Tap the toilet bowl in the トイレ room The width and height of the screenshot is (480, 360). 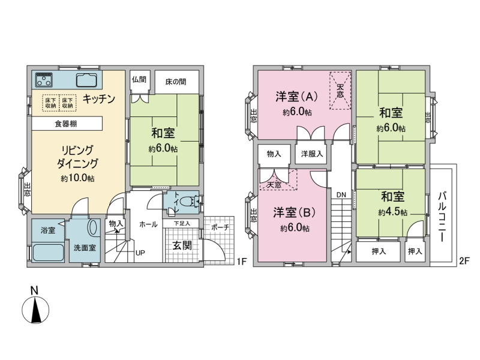click(x=188, y=202)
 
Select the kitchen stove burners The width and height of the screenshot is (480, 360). click(x=44, y=79)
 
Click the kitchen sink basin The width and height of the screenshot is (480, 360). click(x=86, y=80)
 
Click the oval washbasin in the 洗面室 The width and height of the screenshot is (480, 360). click(x=93, y=227)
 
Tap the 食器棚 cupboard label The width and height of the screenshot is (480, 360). click(x=66, y=124)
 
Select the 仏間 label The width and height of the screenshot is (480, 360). click(x=139, y=80)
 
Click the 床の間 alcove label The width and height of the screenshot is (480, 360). click(x=176, y=82)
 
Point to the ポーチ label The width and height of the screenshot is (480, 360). click(x=220, y=227)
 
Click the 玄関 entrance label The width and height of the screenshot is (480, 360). click(x=182, y=245)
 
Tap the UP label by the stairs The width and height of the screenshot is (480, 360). click(x=140, y=253)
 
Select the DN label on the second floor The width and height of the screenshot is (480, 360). click(x=341, y=194)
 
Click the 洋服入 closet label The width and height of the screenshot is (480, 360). click(x=312, y=154)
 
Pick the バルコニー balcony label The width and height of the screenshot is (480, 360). click(x=442, y=217)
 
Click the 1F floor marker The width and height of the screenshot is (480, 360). click(x=242, y=261)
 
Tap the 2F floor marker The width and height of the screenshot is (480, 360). click(x=464, y=261)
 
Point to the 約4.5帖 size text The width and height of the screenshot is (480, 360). click(x=393, y=212)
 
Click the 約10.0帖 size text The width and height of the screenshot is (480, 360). click(x=77, y=178)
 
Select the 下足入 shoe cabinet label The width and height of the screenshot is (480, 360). click(x=182, y=224)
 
